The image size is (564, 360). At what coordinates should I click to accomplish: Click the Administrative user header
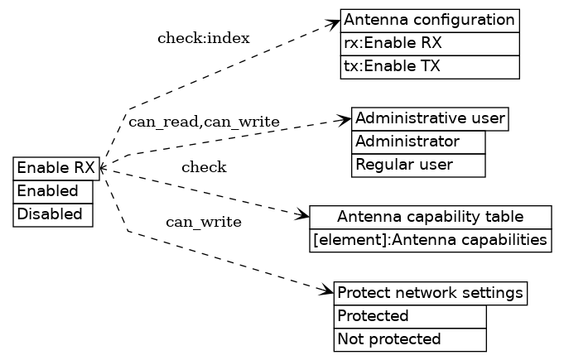click(430, 119)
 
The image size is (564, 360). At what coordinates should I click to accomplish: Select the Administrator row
click(418, 142)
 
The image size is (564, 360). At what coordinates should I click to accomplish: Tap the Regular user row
click(418, 166)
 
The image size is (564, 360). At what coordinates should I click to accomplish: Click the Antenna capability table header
click(430, 218)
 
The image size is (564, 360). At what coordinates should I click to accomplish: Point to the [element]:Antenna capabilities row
click(430, 241)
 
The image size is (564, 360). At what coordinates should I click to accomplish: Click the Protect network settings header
click(431, 293)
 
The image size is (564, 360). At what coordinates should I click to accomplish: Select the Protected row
click(410, 316)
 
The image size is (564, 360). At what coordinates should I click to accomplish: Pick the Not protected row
click(410, 339)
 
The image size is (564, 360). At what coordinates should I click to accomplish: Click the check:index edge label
click(203, 38)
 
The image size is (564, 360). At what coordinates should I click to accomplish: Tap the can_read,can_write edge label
click(204, 122)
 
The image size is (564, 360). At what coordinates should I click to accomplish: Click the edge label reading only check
click(204, 168)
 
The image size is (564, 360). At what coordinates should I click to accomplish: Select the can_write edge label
click(204, 222)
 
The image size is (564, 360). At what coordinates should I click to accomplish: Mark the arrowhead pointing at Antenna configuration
click(335, 22)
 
